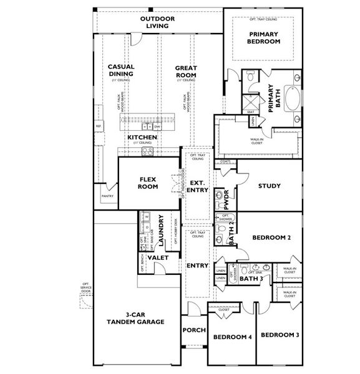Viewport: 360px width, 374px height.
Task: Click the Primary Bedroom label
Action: click(264, 38)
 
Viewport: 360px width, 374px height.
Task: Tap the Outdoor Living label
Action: click(157, 22)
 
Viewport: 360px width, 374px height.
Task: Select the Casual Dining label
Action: click(122, 70)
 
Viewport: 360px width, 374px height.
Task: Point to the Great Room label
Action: click(186, 70)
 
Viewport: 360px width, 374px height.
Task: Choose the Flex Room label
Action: click(150, 183)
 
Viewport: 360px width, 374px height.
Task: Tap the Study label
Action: click(269, 186)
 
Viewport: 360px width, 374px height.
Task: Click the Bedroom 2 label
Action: click(272, 237)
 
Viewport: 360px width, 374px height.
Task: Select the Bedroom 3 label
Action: click(280, 335)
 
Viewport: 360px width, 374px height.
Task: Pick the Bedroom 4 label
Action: click(232, 337)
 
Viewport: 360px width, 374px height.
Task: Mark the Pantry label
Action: click(106, 197)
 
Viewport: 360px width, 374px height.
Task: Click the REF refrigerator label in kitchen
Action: click(99, 127)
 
